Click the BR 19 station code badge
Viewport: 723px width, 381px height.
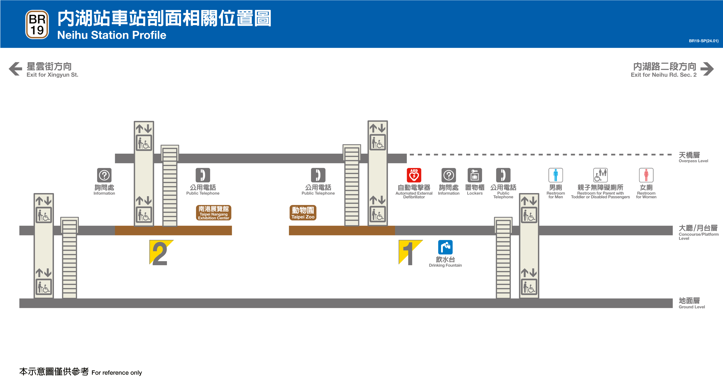coord(37,25)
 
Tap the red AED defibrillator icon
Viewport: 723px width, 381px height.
coord(414,175)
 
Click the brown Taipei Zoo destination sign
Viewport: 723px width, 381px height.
coord(303,213)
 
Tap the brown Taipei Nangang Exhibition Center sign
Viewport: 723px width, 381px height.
coord(213,213)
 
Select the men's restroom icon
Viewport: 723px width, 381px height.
coord(555,175)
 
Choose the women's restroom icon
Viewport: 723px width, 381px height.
coord(646,175)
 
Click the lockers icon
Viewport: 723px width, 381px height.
coord(475,175)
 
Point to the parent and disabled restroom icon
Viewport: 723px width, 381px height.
coord(600,175)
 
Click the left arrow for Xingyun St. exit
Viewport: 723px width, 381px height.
coord(15,69)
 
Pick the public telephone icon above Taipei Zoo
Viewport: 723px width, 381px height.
coord(318,175)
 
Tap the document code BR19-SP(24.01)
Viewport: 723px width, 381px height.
coord(703,41)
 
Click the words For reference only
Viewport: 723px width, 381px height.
coord(117,372)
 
